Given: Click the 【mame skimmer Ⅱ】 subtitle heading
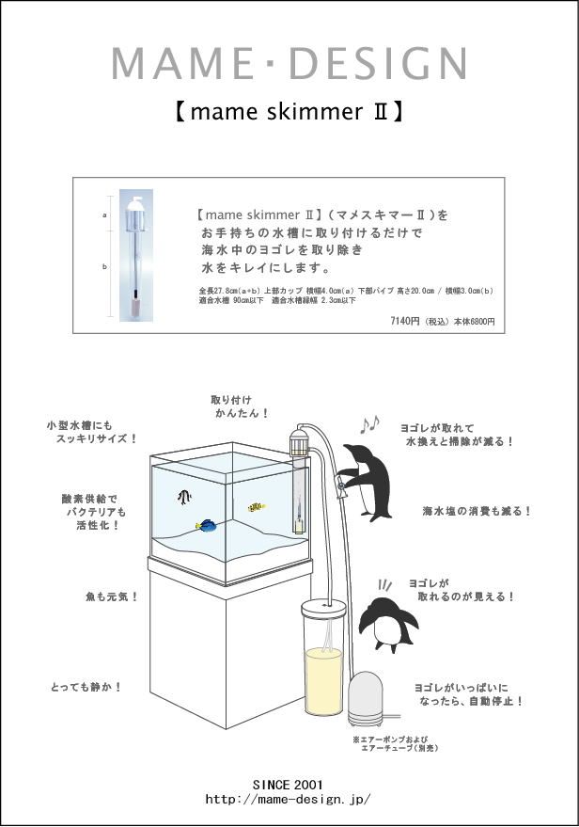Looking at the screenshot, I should [x=289, y=112].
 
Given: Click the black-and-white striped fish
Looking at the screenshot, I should [x=184, y=497].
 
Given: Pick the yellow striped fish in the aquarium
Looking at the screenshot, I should [x=256, y=508].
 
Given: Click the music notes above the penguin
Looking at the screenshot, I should [x=369, y=425].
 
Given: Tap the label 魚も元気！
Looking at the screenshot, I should [x=112, y=596].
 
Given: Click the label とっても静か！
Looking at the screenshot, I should [x=86, y=688].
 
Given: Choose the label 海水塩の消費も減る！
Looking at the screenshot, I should [x=477, y=511].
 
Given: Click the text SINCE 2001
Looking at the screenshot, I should [x=288, y=784].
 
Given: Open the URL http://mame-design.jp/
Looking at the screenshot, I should [x=288, y=800].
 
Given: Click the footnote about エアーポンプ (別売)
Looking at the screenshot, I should [x=395, y=743].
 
